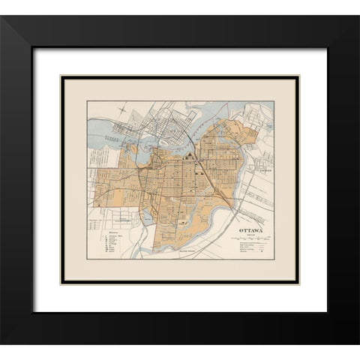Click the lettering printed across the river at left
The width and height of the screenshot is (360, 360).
click(112, 139)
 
